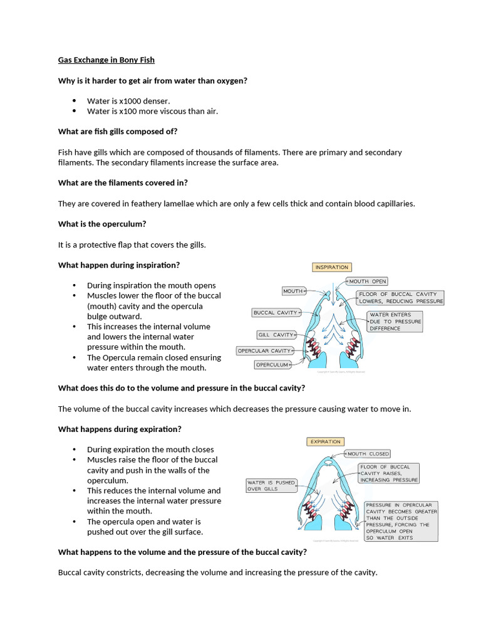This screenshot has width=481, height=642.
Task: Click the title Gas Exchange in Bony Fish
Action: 106,60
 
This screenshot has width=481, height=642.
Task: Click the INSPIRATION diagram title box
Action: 331,268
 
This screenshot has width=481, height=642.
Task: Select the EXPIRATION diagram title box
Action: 326,442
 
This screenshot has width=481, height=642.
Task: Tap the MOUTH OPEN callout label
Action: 367,282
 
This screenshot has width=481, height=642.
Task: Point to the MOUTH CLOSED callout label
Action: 368,454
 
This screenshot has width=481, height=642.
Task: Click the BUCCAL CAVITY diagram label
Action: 275,312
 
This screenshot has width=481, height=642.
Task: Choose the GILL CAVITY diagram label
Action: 275,335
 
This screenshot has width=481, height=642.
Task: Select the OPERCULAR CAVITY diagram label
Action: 264,350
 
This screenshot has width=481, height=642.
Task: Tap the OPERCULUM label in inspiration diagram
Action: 273,364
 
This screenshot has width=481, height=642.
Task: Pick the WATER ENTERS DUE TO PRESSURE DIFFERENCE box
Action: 395,322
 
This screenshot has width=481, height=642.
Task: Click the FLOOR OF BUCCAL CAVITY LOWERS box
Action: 400,297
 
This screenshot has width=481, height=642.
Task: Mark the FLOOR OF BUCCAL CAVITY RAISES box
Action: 388,473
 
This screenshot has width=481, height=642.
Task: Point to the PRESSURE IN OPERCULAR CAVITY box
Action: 401,521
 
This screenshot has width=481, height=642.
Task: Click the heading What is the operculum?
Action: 102,224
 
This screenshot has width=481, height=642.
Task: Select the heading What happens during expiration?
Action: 120,429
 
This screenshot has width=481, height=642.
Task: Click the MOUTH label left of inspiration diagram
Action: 293,291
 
